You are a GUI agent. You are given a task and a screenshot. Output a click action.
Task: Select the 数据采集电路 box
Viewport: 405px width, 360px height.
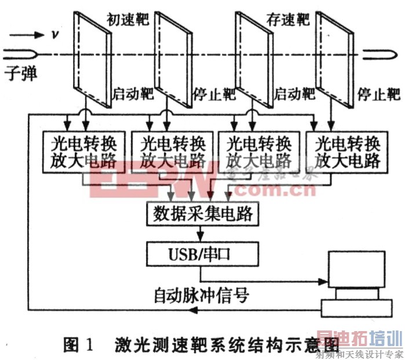click(x=201, y=214)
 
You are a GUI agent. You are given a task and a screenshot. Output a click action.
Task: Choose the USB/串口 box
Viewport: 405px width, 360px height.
click(x=200, y=252)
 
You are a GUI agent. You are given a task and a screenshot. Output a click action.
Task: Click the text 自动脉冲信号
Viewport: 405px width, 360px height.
click(x=201, y=296)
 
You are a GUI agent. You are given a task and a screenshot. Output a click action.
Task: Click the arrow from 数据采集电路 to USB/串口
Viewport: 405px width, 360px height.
click(x=200, y=234)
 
